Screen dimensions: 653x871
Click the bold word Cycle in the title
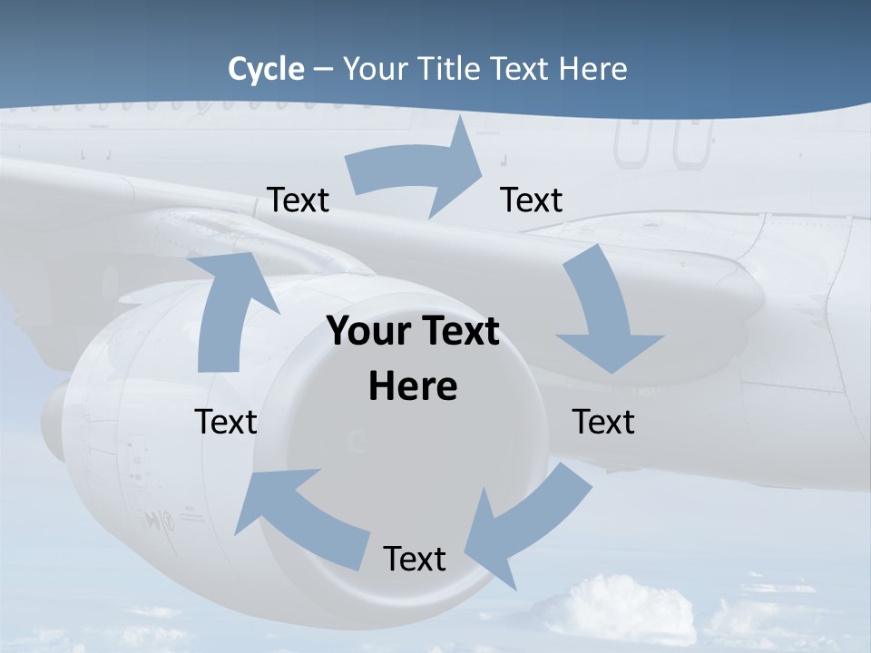266,69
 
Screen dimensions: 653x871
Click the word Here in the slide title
592,69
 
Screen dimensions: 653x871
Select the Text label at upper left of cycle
298,200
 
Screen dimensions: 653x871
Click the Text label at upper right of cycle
532,200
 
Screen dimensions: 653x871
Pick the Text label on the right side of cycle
603,422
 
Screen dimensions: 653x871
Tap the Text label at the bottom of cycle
415,559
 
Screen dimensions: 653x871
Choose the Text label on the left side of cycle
226,422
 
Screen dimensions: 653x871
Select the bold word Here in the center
413,386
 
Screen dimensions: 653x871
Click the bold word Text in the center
458,332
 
